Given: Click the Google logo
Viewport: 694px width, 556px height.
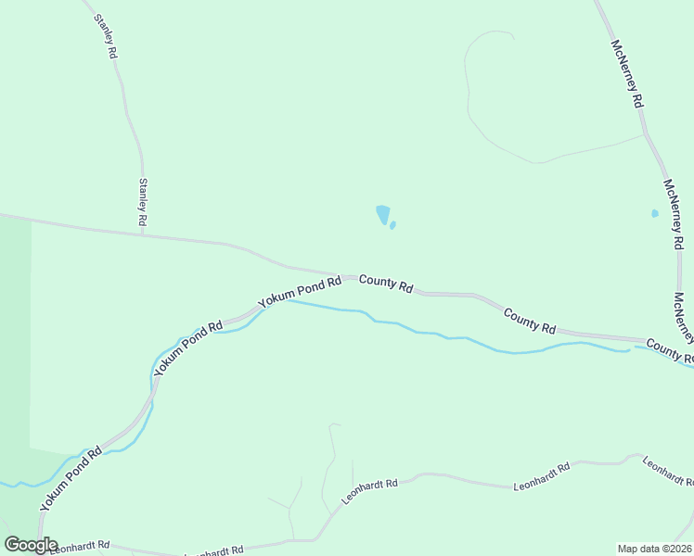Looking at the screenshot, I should pyautogui.click(x=31, y=545).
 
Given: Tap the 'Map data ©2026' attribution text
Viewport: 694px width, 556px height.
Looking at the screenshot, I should pyautogui.click(x=654, y=548).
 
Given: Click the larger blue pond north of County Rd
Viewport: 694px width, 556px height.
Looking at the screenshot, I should pyautogui.click(x=382, y=214).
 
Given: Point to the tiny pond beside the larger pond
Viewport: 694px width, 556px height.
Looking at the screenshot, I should pyautogui.click(x=392, y=225).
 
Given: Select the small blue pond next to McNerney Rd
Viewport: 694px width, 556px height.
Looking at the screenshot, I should pyautogui.click(x=654, y=213).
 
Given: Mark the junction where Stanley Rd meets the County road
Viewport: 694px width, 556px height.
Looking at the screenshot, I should pyautogui.click(x=143, y=234).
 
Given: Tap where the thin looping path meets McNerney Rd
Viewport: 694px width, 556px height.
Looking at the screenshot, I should pyautogui.click(x=644, y=135).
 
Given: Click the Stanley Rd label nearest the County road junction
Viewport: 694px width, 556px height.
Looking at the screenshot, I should pyautogui.click(x=143, y=203).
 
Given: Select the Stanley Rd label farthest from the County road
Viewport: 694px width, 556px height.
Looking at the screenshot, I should pyautogui.click(x=107, y=36).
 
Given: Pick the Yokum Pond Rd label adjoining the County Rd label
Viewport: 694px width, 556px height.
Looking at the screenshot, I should pyautogui.click(x=300, y=291).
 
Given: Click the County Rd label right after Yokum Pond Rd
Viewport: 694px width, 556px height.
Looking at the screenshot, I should pyautogui.click(x=386, y=284).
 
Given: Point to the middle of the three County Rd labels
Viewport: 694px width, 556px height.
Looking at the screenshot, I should pyautogui.click(x=530, y=322).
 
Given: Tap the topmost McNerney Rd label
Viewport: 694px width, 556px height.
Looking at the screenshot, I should pyautogui.click(x=627, y=74).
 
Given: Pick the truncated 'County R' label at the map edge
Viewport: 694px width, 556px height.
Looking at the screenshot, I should pyautogui.click(x=670, y=350).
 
